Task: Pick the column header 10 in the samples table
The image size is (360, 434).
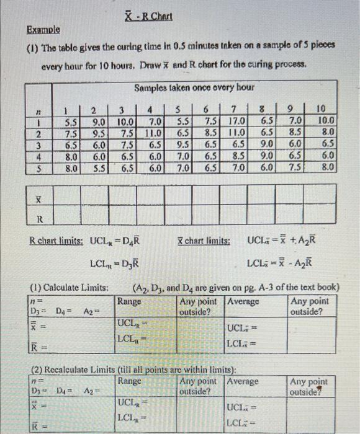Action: (326, 109)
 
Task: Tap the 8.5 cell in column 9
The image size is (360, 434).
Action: (295, 133)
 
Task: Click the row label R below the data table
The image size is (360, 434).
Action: (40, 218)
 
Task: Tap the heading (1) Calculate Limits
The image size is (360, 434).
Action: (70, 288)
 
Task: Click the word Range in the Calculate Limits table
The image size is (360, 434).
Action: (130, 302)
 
